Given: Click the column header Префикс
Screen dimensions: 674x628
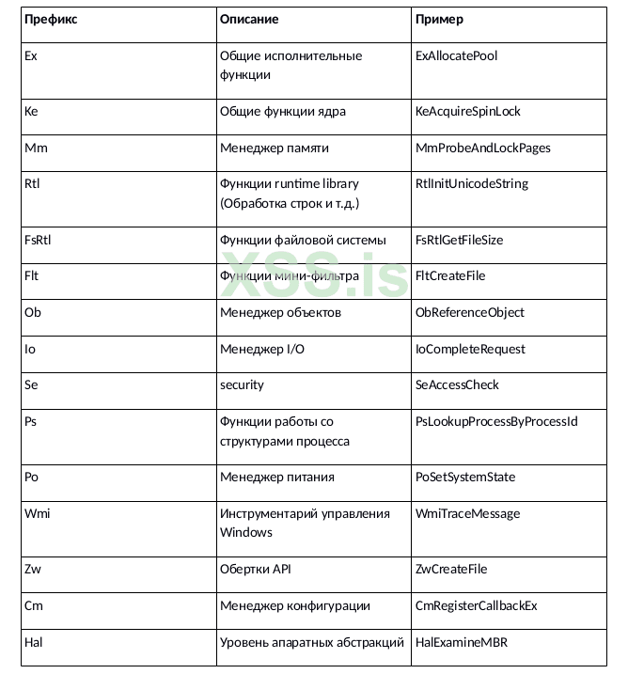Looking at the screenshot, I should click(x=51, y=19).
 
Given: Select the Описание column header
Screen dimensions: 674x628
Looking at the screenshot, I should click(x=249, y=19).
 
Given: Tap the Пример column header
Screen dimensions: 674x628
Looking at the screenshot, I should click(x=439, y=19).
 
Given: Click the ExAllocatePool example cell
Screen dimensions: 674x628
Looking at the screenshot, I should click(x=456, y=55).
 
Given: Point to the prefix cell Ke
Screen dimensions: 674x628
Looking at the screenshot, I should click(x=31, y=111).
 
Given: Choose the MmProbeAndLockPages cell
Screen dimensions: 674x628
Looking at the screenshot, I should click(x=482, y=148).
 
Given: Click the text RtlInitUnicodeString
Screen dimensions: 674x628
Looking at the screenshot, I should click(x=471, y=183).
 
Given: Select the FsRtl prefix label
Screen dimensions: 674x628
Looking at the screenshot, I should click(x=38, y=240).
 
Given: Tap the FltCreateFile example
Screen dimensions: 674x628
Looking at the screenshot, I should click(x=450, y=276).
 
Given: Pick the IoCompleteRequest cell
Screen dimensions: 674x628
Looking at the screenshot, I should click(x=470, y=349).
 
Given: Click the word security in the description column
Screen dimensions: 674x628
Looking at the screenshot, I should click(x=242, y=384).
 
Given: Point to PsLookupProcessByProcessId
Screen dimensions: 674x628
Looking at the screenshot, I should click(x=495, y=421).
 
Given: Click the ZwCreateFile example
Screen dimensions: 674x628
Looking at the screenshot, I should click(x=450, y=569).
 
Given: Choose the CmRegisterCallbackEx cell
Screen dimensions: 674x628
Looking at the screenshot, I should click(x=476, y=605).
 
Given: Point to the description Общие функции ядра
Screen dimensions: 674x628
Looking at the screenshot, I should click(x=282, y=111).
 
